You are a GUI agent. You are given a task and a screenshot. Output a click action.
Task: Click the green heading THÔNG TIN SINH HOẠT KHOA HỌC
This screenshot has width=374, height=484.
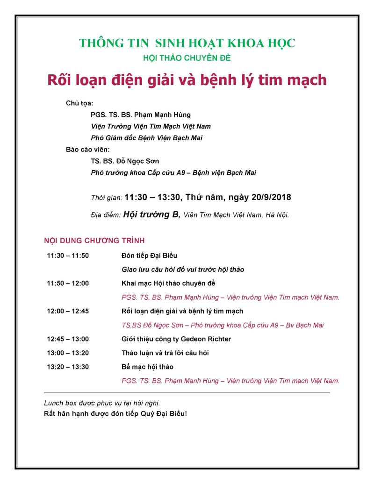point(187,43)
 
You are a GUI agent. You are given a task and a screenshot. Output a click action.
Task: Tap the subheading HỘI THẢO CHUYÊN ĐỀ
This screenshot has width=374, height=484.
point(187,58)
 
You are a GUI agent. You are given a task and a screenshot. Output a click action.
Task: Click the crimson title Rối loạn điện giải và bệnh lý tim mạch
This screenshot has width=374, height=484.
point(187,80)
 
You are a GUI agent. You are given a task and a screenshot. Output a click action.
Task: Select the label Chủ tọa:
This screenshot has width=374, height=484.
point(79,103)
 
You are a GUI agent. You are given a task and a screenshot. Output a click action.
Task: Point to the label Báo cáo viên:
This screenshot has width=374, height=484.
point(87,150)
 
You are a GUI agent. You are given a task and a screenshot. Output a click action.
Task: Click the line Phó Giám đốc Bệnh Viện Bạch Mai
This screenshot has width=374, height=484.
point(146,138)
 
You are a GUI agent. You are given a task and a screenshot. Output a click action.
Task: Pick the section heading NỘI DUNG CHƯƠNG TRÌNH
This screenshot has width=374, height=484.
point(94,241)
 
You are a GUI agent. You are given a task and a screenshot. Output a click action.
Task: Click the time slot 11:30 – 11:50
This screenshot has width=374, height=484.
point(68,256)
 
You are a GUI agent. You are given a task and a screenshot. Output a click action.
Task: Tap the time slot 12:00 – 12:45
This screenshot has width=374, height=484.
point(68,311)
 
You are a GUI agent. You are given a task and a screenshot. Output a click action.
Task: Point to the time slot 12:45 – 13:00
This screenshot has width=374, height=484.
point(68,339)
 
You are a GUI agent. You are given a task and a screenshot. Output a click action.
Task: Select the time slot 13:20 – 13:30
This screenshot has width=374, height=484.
point(68,367)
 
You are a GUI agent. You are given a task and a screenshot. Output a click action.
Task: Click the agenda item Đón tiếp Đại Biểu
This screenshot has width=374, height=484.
point(149,256)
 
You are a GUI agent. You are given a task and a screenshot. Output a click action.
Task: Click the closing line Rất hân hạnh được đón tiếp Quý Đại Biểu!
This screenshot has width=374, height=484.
point(115,414)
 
